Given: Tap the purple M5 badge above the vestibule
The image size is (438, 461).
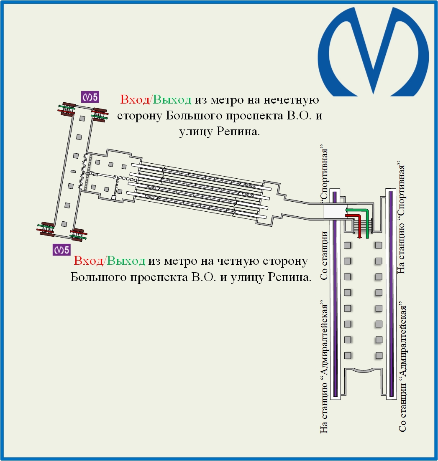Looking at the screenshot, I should click(x=90, y=97).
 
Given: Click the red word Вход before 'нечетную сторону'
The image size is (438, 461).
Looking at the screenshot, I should click(x=135, y=100).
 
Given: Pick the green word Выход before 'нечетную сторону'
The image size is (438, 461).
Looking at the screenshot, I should click(x=172, y=100).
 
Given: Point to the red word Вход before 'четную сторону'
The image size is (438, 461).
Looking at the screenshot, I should click(x=89, y=262).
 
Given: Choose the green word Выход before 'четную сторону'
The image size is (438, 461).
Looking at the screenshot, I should click(x=126, y=262).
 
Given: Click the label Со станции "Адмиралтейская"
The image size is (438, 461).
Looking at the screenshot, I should click(x=403, y=368).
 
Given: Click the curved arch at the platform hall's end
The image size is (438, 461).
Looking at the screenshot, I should click(x=363, y=370).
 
